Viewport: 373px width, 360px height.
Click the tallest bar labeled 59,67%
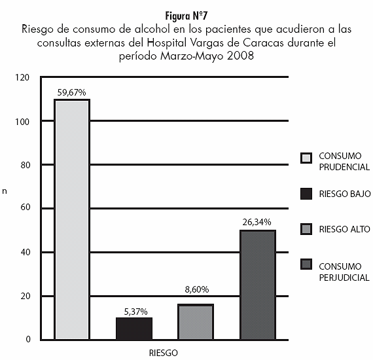click(x=72, y=219)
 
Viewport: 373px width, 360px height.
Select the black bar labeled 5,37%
click(x=134, y=329)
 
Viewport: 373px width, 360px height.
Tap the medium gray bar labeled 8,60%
click(x=196, y=321)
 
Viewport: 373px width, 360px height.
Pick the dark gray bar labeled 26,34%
click(x=258, y=285)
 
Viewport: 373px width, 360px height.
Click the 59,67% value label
click(x=71, y=92)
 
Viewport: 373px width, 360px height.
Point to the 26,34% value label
click(x=257, y=222)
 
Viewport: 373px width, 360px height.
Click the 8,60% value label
click(x=197, y=289)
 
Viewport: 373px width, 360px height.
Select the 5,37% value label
click(x=136, y=312)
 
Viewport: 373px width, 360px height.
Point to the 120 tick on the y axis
click(x=22, y=78)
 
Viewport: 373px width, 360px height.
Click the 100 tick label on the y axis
click(x=22, y=122)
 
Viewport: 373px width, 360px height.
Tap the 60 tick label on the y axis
click(x=26, y=207)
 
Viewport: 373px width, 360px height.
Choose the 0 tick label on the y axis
click(x=28, y=339)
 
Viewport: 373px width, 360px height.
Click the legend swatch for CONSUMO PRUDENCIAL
click(x=306, y=158)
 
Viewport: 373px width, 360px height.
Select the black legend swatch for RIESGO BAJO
click(x=306, y=194)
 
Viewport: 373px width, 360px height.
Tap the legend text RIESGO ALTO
click(x=344, y=229)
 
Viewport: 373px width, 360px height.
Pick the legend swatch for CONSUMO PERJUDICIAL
click(x=306, y=264)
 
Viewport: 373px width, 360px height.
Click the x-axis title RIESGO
click(x=164, y=353)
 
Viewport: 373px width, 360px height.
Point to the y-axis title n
click(x=5, y=191)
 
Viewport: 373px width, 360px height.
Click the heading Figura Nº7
click(x=186, y=16)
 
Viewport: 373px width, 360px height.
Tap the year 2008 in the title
click(x=240, y=56)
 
